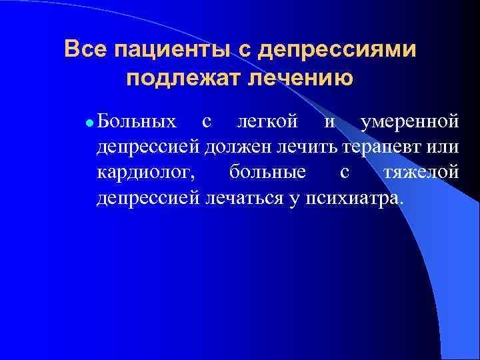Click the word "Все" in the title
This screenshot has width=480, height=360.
click(86, 49)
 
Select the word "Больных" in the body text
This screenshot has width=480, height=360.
click(137, 121)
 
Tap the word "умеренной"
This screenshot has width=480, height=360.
click(409, 123)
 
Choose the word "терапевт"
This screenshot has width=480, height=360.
click(380, 147)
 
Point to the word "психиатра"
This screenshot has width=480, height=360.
click(355, 198)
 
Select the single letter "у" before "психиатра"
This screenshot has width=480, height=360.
click(294, 199)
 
